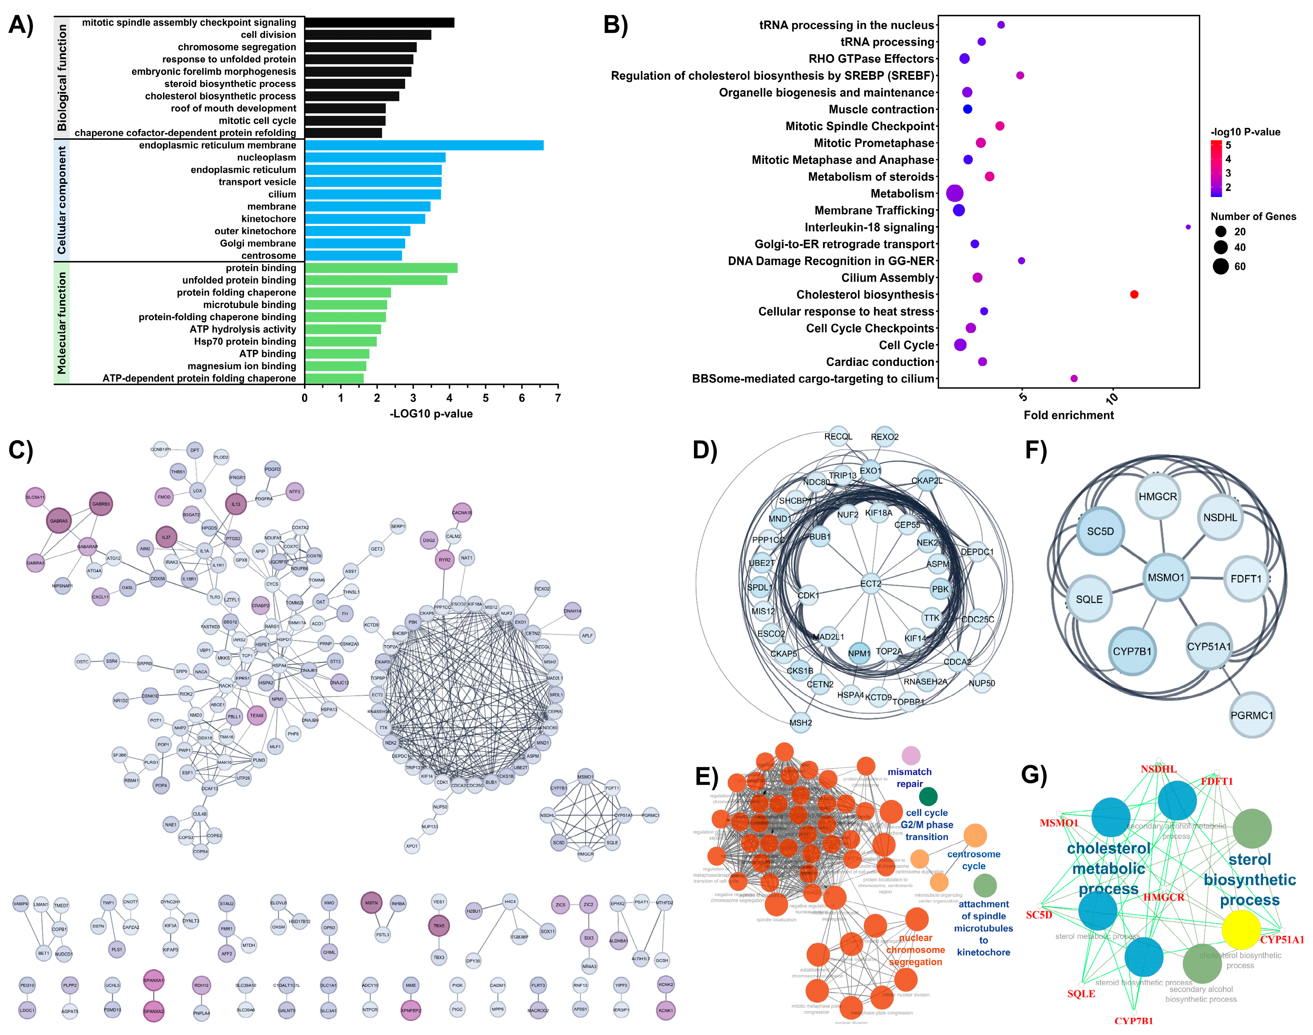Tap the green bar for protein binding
click(381, 268)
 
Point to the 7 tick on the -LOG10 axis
click(557, 398)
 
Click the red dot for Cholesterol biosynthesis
click(1134, 295)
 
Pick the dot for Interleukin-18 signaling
click(1188, 227)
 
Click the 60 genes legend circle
click(1220, 266)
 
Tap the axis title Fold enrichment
click(1068, 415)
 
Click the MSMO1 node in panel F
click(1166, 578)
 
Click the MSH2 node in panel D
click(800, 722)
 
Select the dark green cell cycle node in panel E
click(928, 796)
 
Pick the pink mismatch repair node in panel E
click(911, 756)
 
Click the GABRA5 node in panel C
click(59, 521)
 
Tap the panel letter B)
click(616, 26)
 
